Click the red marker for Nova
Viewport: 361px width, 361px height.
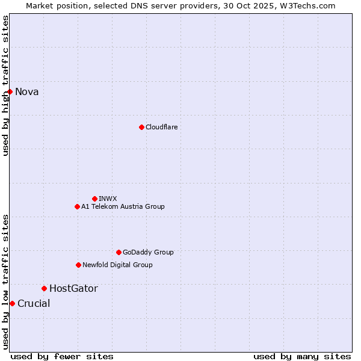10,91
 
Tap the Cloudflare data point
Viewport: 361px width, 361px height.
141,127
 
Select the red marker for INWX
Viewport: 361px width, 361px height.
94,199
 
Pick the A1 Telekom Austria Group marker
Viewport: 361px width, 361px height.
77,206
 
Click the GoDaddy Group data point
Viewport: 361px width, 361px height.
119,252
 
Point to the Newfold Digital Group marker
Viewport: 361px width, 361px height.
78,265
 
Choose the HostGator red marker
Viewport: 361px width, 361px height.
44,288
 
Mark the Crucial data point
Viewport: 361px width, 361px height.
12,303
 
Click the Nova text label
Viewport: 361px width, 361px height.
27,91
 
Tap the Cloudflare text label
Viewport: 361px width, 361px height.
161,127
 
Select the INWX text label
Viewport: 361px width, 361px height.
108,199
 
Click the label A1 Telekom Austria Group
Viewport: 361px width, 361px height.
123,206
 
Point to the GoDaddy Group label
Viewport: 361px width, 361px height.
148,252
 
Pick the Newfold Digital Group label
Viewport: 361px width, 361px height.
117,265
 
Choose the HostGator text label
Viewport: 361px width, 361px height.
73,288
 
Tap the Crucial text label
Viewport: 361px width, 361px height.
34,303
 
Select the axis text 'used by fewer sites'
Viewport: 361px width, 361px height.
62,356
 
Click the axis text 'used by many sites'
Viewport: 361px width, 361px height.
302,356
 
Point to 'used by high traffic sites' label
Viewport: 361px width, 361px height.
5,85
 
